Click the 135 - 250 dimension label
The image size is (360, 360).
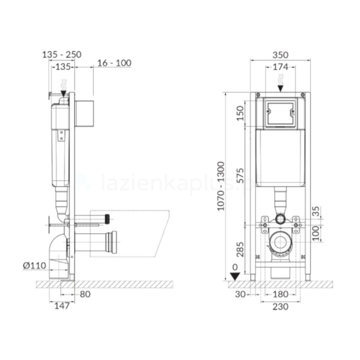click(62, 55)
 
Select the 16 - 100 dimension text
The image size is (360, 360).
click(114, 63)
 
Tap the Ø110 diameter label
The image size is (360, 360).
click(35, 266)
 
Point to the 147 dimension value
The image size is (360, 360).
click(62, 306)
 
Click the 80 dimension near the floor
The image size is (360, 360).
click(85, 294)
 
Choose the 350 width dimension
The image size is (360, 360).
click(280, 55)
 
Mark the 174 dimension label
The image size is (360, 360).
click(280, 67)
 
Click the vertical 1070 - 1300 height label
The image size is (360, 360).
click(221, 186)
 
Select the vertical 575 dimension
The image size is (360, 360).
click(241, 175)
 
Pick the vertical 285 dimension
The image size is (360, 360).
click(241, 249)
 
